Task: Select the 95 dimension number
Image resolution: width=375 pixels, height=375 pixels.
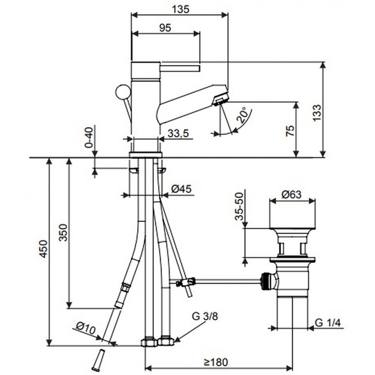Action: (165, 28)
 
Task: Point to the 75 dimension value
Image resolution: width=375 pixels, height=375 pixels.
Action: (289, 130)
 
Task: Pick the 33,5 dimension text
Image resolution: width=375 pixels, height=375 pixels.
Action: (178, 134)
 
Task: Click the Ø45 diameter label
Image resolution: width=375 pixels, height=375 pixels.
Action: (181, 189)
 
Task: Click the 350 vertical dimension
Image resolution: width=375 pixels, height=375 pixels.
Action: (63, 233)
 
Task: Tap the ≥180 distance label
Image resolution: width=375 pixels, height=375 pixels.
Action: (215, 362)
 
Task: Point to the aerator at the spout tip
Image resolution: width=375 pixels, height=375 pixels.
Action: (220, 98)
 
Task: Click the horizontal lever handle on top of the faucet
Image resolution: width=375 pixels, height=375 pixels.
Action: (180, 69)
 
